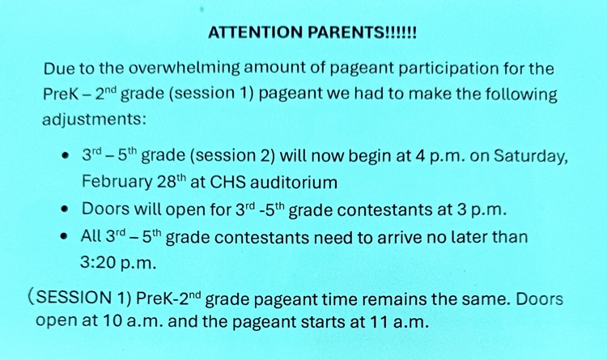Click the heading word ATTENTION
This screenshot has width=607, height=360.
pyautogui.click(x=253, y=33)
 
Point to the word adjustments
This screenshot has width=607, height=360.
pyautogui.click(x=93, y=120)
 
